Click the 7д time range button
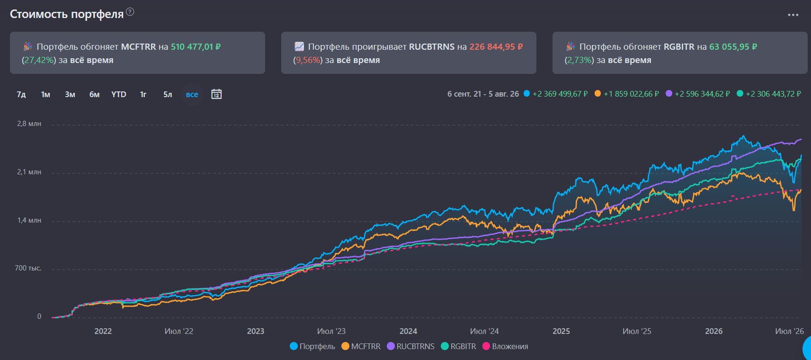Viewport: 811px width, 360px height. point(21,95)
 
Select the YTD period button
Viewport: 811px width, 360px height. point(119,95)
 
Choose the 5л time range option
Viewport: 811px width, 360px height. point(168,95)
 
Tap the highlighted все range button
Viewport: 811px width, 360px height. point(192,95)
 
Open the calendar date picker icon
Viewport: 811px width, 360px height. point(216,94)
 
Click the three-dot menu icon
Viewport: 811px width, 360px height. point(793,15)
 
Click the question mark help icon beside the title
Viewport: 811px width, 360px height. point(130,12)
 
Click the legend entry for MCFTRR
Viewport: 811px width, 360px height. point(361,346)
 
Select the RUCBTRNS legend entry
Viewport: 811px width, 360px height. point(410,346)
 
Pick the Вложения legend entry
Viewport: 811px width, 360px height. point(506,346)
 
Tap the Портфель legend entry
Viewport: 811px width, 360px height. point(312,346)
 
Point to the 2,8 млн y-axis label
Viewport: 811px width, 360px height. point(29,124)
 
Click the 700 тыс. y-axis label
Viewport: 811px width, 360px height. point(28,268)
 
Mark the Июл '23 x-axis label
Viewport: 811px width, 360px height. point(331,331)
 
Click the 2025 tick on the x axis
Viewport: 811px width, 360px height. point(561,331)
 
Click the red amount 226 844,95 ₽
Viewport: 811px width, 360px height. point(496,47)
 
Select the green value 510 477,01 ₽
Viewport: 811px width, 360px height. point(196,47)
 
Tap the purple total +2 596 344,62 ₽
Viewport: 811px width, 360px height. point(702,94)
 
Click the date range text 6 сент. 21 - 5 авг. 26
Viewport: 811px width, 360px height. point(483,94)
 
